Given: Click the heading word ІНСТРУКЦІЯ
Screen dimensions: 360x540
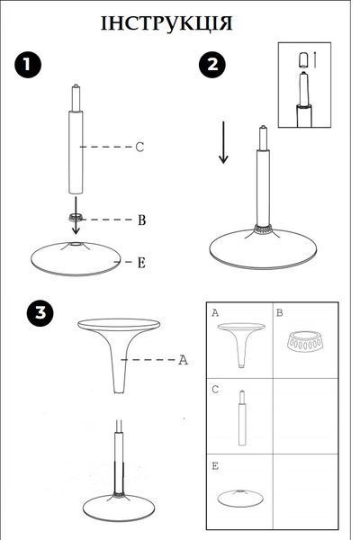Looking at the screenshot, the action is (x=166, y=23).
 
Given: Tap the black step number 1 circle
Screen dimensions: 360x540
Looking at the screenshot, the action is (x=28, y=65).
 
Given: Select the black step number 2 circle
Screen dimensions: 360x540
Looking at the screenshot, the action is (x=212, y=65).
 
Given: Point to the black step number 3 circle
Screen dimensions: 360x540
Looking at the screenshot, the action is (x=40, y=313).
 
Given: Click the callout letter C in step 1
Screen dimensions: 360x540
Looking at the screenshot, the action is (x=139, y=147).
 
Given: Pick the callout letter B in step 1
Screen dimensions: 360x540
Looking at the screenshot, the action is (x=141, y=220).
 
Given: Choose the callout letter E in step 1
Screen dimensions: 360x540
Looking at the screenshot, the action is (x=141, y=263).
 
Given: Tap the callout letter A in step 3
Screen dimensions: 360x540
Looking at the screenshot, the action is (x=183, y=360).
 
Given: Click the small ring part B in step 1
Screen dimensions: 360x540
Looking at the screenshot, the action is (x=76, y=217).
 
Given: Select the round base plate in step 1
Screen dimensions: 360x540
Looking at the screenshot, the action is (x=76, y=259).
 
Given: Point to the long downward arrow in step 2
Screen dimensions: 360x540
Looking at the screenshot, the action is (x=223, y=142).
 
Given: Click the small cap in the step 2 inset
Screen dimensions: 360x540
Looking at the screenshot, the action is (x=303, y=60).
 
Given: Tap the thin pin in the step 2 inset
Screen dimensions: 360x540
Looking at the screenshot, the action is (x=315, y=59).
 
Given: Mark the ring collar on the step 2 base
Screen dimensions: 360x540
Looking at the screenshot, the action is (x=263, y=229).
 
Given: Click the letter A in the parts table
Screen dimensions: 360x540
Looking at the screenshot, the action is (x=215, y=312).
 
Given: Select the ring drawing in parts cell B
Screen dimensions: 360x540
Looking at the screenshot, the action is (x=305, y=342).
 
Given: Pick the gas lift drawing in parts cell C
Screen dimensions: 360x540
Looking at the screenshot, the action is (x=242, y=418).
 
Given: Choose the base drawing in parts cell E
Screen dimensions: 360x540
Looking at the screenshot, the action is (x=240, y=498).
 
